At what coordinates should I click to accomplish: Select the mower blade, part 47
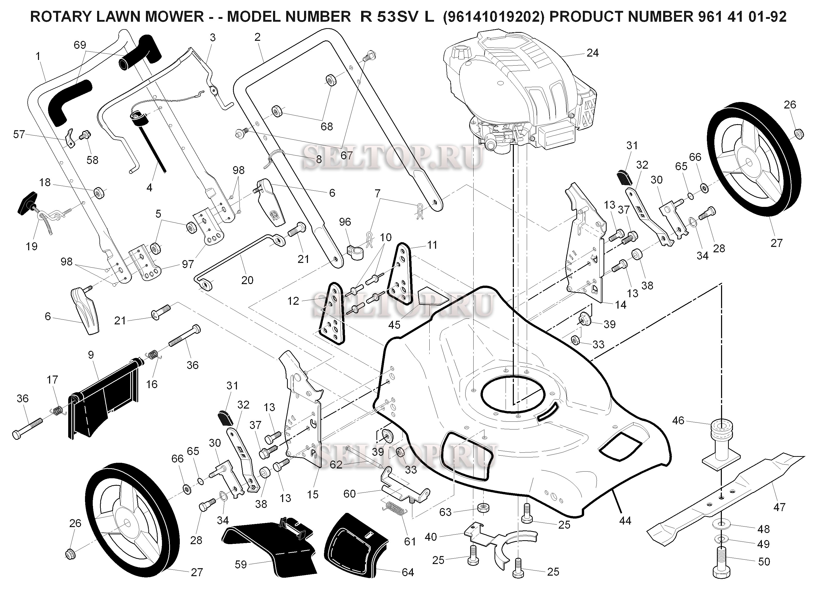tap(727, 495)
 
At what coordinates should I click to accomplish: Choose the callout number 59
tap(241, 564)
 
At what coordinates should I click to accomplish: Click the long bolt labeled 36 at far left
tap(27, 428)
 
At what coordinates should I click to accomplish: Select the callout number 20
tap(247, 280)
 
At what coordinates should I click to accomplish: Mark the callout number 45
tap(394, 325)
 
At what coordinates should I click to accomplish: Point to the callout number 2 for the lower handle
tap(257, 37)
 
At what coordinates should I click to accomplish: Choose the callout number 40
tap(431, 537)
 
